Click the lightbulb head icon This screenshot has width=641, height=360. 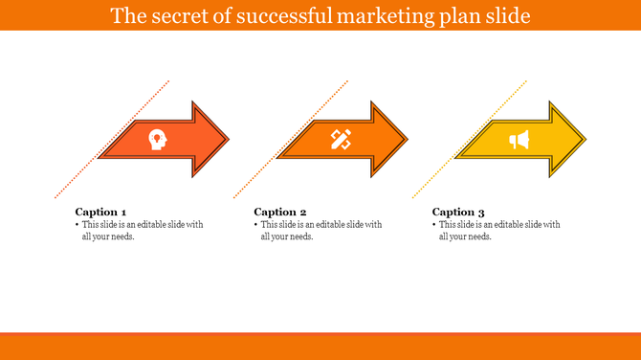(156, 140)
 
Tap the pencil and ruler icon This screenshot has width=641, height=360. (341, 140)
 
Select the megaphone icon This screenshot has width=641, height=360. (519, 141)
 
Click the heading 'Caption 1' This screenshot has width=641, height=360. (100, 212)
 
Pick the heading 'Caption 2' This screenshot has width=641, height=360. (280, 212)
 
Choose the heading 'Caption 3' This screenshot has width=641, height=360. (458, 212)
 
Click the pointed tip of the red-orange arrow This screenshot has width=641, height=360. (228, 141)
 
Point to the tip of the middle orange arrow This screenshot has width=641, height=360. (407, 141)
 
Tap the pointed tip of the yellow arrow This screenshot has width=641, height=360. (585, 141)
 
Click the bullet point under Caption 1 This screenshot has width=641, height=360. (77, 225)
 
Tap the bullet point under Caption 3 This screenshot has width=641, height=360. (434, 225)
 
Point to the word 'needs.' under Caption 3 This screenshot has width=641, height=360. (478, 236)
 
